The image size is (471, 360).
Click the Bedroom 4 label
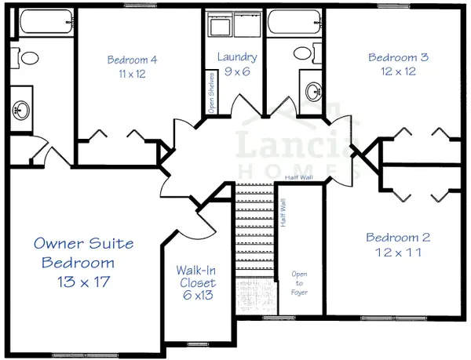[132, 60]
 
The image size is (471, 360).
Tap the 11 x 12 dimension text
[132, 74]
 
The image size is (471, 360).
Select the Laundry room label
[237, 57]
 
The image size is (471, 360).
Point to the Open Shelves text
[211, 93]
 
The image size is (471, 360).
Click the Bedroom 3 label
[398, 57]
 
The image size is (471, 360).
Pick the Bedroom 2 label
[398, 238]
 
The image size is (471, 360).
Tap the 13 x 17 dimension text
[84, 282]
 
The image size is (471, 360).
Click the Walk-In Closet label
[197, 277]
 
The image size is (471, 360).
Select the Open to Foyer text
[299, 283]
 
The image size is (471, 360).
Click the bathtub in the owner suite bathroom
[46, 22]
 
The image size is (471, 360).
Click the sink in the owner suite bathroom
[21, 110]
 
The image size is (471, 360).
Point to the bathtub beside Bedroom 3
[294, 22]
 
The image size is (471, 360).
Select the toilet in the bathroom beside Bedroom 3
[307, 53]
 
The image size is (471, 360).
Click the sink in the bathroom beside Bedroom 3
[313, 91]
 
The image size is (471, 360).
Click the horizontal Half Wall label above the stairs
[299, 177]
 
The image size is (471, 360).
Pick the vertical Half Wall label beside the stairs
[283, 213]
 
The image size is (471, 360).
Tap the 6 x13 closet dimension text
[198, 295]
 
